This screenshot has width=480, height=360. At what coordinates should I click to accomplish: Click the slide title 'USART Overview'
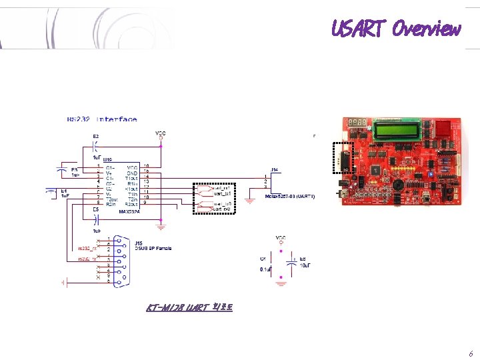tap(396, 29)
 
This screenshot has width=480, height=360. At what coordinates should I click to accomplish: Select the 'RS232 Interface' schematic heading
tap(102, 119)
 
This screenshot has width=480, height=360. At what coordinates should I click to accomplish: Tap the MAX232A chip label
tap(130, 211)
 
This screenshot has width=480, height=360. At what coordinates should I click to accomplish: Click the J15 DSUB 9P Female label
tap(153, 245)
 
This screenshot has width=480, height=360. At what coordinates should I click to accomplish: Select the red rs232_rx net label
tap(88, 249)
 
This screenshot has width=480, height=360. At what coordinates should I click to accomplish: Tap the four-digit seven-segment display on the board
tap(357, 123)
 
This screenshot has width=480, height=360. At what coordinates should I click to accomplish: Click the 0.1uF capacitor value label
tap(265, 269)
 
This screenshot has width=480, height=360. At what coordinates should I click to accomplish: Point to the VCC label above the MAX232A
tap(161, 133)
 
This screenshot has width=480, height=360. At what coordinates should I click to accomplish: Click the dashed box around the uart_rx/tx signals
tap(214, 198)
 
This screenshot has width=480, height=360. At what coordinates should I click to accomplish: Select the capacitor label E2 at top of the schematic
tap(95, 136)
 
